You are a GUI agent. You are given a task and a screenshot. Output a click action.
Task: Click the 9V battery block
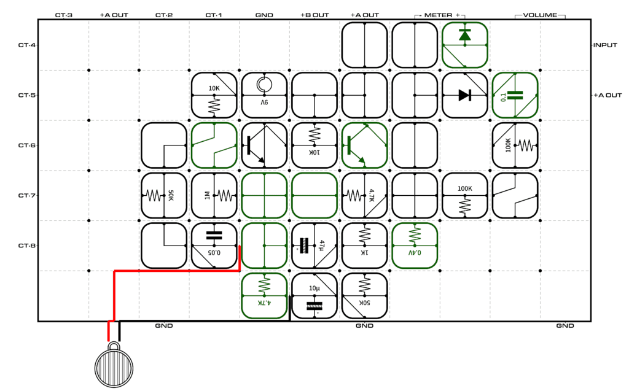pyautogui.click(x=264, y=95)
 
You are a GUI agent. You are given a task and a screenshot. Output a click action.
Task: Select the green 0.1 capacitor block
pyautogui.click(x=515, y=95)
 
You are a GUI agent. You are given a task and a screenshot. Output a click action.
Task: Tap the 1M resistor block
pyautogui.click(x=214, y=195)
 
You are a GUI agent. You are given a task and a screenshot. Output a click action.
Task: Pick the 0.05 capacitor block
pyautogui.click(x=214, y=246)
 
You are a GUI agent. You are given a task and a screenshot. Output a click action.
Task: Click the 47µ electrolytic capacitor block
pyautogui.click(x=314, y=246)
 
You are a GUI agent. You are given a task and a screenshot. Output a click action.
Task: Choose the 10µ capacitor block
pyautogui.click(x=314, y=296)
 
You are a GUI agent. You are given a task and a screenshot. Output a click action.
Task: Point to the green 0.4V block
pyautogui.click(x=415, y=246)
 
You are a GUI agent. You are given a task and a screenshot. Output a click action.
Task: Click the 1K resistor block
pyautogui.click(x=365, y=246)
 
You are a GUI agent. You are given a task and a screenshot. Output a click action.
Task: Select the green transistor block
pyautogui.click(x=365, y=145)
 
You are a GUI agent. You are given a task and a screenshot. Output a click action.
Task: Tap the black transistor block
pyautogui.click(x=264, y=145)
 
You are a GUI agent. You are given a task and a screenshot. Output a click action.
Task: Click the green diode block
pyautogui.click(x=465, y=45)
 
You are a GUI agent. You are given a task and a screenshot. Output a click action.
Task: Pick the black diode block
pyautogui.click(x=465, y=95)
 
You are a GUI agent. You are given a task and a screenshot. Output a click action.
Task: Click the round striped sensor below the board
pyautogui.click(x=114, y=365)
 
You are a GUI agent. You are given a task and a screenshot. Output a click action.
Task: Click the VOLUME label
pyautogui.click(x=540, y=15)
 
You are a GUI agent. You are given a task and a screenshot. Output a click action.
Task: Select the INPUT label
pyautogui.click(x=605, y=45)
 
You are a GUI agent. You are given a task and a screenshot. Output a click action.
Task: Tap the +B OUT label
pyautogui.click(x=314, y=15)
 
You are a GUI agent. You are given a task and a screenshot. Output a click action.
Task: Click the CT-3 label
pyautogui.click(x=64, y=15)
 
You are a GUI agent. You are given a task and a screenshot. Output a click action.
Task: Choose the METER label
pyautogui.click(x=438, y=15)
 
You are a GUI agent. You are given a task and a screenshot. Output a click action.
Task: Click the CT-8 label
pyautogui.click(x=27, y=246)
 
